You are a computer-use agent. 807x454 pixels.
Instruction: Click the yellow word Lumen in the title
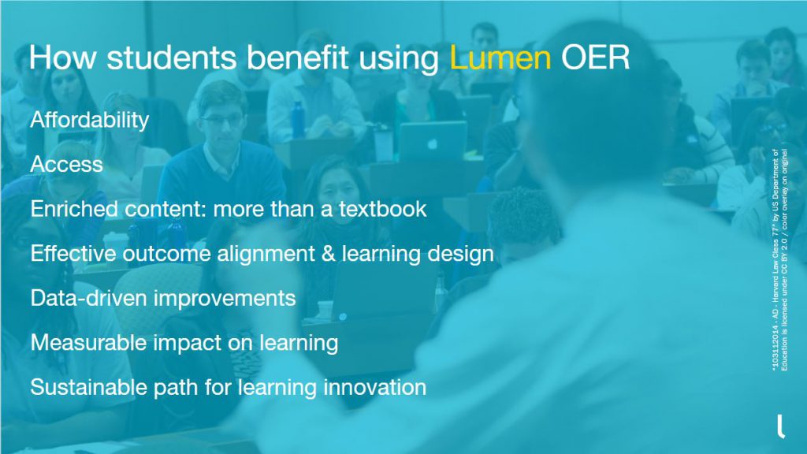(500, 59)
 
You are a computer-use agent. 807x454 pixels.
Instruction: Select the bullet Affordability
(89, 120)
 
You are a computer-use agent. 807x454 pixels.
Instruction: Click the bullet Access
(66, 164)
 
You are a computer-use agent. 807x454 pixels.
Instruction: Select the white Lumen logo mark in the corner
(780, 426)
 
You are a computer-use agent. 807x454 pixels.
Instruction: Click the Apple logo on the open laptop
(431, 143)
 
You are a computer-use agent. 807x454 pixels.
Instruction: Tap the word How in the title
(55, 59)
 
